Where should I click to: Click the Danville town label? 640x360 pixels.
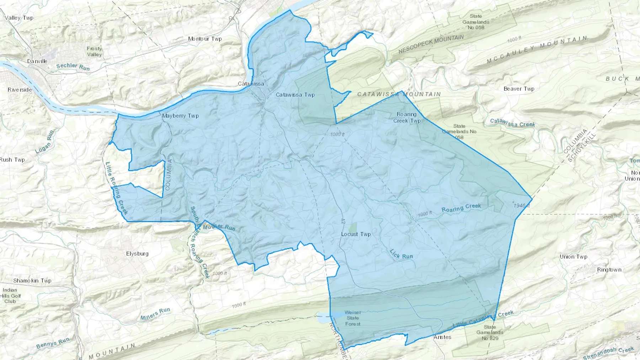pos(37,61)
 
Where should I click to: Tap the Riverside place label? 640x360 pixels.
pos(20,90)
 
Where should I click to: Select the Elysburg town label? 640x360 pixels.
pos(137,253)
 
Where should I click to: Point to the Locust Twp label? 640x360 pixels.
pos(356,234)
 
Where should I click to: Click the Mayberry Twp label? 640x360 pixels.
pos(180,115)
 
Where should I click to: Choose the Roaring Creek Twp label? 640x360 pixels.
pos(407,118)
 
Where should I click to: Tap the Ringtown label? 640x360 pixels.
pos(609,270)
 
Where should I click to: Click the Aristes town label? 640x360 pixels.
pos(442,337)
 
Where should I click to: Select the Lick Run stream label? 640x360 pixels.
pos(401,254)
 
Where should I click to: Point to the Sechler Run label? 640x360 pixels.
pos(73,66)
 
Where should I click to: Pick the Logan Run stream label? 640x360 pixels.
pos(45,141)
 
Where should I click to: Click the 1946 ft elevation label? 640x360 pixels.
pos(522,206)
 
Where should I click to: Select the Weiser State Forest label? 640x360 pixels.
pos(353,318)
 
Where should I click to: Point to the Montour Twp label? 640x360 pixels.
pos(205,39)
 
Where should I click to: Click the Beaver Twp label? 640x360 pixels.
pos(519,89)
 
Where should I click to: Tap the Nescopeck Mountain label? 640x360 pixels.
pos(431,44)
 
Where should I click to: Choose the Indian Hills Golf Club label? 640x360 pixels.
pos(10,296)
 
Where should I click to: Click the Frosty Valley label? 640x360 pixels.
pos(94,52)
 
